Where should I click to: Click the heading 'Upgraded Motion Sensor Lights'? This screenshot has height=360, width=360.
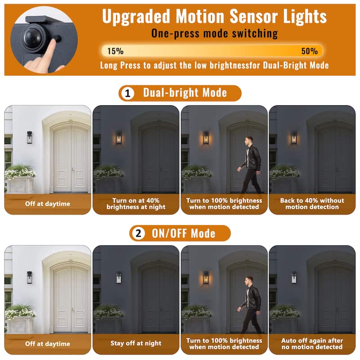coord(214,17)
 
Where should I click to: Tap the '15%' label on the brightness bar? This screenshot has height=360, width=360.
coord(116,51)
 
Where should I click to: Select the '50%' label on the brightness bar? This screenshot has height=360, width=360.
coord(309,51)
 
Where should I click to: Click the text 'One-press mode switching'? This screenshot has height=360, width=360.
coord(214,33)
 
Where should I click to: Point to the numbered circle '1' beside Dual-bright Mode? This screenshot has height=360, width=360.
coord(128,94)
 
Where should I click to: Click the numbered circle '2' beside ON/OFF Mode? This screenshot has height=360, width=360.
coord(139,234)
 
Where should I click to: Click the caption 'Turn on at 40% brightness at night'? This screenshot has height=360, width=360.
coord(136,204)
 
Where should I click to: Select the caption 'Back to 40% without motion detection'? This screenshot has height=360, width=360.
coord(312,204)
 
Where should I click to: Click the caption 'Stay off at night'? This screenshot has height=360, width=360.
coord(136,343)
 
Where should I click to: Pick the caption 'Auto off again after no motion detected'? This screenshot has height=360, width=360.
coord(312,344)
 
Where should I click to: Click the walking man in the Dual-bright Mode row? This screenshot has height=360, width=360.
coord(250,164)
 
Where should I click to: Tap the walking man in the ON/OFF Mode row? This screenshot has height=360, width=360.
coord(250,304)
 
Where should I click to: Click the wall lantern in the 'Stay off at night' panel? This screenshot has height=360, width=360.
coord(118,278)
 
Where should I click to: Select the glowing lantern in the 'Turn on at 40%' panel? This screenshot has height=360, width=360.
coord(118,138)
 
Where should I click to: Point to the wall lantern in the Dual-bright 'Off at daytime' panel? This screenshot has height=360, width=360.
coord(29,137)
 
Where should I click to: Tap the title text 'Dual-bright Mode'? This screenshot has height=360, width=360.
coord(185,93)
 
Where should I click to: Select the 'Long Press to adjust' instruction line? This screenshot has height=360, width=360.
coord(214,66)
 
